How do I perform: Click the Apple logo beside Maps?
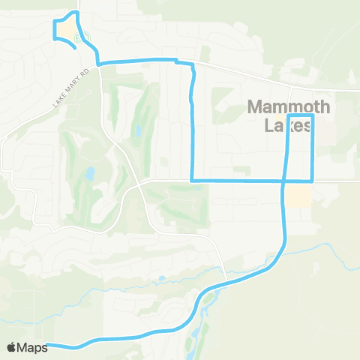point(11,346)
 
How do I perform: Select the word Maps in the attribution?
point(32,346)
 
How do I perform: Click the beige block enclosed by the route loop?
point(64,29)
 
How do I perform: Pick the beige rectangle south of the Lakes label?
point(299,196)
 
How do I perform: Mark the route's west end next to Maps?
point(47,345)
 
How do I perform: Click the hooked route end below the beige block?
point(74,48)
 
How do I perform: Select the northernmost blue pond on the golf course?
point(138,133)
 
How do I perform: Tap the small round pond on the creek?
point(161,279)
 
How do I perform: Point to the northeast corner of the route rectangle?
point(312,115)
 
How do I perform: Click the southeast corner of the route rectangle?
point(312,181)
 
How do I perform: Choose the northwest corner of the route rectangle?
point(289,115)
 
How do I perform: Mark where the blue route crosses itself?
point(284,181)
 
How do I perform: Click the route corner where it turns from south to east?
point(193,181)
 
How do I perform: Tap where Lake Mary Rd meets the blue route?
point(98,63)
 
